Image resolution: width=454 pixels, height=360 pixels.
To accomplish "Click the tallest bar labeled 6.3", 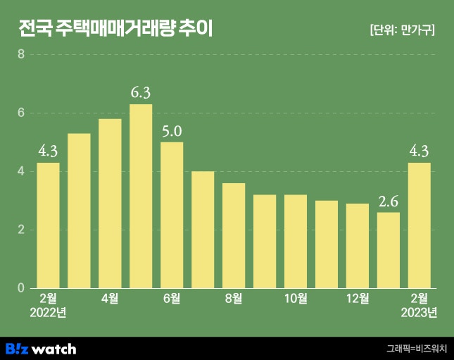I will click(141, 196).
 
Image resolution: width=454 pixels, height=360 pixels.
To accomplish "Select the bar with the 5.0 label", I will click(172, 215).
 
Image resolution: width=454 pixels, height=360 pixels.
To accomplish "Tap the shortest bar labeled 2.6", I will click(389, 250).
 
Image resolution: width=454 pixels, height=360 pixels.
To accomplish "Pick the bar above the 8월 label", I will click(234, 235).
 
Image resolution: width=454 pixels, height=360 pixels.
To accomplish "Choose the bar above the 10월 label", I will click(296, 241).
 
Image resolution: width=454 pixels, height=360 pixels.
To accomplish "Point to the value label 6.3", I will click(141, 92).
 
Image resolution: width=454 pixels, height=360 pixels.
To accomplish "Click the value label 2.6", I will click(389, 201).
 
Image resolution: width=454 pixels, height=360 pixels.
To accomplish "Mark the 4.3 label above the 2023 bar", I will click(420, 150).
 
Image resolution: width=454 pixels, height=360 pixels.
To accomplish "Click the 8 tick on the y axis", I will click(21, 54).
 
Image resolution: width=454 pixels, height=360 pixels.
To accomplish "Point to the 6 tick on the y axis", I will click(21, 113).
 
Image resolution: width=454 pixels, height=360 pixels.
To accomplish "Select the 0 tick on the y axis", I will click(21, 288).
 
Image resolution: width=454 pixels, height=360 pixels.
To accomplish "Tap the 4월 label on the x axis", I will click(110, 299).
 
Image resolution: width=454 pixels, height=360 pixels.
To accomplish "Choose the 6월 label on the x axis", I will click(172, 299).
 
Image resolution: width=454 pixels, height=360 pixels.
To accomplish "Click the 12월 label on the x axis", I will click(358, 299).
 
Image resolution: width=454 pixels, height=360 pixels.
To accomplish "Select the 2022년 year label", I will click(48, 313).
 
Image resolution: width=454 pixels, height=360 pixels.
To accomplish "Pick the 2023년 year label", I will click(420, 313).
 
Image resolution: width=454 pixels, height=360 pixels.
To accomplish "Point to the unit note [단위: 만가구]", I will click(402, 30).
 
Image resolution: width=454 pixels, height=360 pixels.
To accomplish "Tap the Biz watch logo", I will click(41, 348).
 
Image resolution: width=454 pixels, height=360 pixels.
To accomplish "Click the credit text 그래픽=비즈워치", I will click(417, 348).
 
